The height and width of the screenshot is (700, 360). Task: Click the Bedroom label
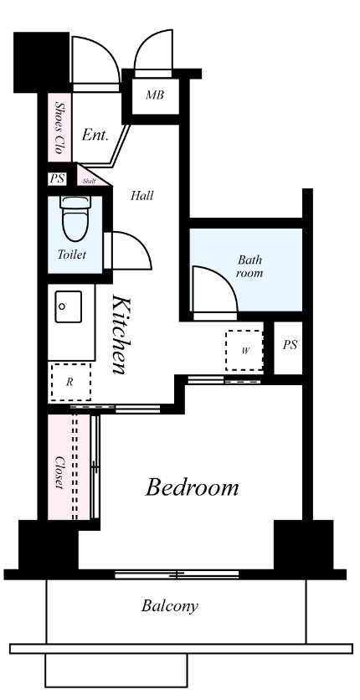click(192, 487)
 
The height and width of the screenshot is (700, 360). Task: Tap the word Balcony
click(169, 606)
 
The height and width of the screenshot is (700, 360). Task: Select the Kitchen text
click(121, 334)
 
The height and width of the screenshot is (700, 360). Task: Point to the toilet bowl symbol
click(75, 219)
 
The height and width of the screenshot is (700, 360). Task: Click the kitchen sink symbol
click(69, 306)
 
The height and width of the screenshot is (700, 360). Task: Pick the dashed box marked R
click(71, 382)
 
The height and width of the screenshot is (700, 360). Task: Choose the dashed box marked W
click(244, 351)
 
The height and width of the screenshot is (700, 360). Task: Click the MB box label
click(155, 95)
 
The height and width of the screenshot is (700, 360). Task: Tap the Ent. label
click(95, 136)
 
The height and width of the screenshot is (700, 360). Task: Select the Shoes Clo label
click(59, 127)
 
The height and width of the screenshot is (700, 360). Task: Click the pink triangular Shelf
click(90, 177)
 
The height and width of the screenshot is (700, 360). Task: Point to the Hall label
click(141, 196)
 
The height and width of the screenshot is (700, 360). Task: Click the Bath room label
click(249, 266)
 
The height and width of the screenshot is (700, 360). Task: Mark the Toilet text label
click(71, 255)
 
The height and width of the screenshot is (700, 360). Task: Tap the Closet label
click(59, 472)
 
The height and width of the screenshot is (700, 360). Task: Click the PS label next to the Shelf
click(57, 179)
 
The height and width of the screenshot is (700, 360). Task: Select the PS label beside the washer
click(290, 345)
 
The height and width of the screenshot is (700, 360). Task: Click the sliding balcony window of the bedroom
click(177, 574)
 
